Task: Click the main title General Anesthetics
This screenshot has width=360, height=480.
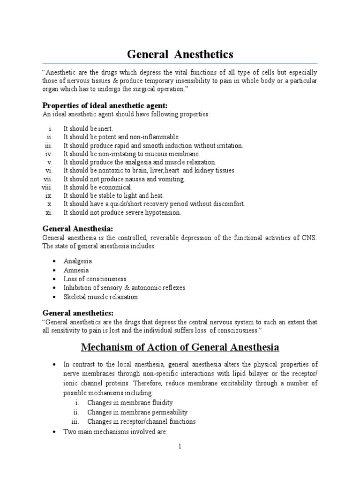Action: (x=180, y=55)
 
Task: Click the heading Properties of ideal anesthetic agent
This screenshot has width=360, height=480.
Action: (x=105, y=105)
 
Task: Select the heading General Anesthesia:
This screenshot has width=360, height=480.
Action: (x=77, y=229)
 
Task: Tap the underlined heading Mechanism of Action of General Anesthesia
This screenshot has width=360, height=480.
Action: (x=180, y=347)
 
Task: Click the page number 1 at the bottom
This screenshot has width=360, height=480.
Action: (x=180, y=447)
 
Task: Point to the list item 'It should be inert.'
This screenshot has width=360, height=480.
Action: (x=88, y=128)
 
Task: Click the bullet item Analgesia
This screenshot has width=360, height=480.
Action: (x=78, y=261)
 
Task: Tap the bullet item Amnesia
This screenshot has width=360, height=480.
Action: (x=76, y=270)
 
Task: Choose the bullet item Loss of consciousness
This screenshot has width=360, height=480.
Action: (x=95, y=279)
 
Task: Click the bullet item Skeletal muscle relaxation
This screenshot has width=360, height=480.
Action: (x=101, y=297)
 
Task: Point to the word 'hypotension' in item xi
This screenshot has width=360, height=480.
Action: (x=164, y=212)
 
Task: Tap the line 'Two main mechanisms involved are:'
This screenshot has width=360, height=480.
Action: (x=115, y=431)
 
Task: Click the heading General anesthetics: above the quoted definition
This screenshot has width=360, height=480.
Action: (x=78, y=313)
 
